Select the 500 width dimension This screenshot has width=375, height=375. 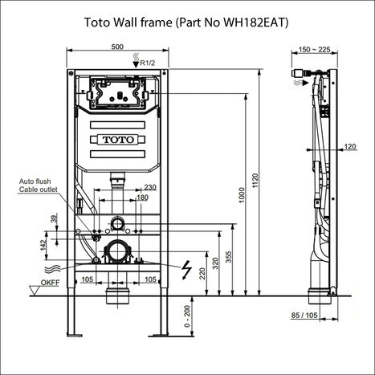[117, 48]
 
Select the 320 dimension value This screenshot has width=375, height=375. [214, 262]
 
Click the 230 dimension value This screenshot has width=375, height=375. [149, 187]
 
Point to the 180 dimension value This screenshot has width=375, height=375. [143, 197]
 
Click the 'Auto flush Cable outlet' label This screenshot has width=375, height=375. [38, 187]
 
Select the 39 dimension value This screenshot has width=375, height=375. [53, 220]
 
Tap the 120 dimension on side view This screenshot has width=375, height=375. [350, 146]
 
